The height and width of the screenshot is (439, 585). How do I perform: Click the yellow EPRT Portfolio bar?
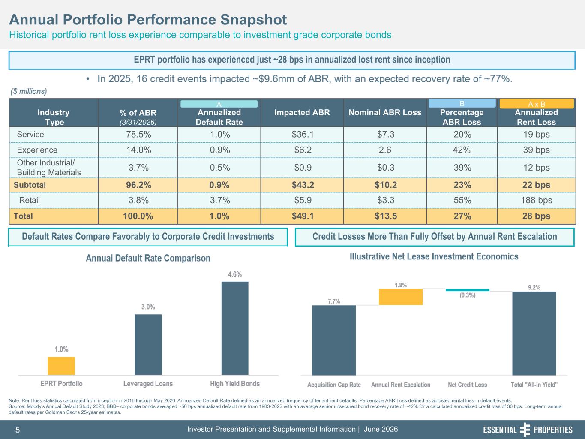click(61, 366)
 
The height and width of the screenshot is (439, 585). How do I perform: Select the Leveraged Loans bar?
click(148, 345)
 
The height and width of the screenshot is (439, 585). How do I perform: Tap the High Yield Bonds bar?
click(235, 328)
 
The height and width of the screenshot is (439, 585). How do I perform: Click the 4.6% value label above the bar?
click(235, 274)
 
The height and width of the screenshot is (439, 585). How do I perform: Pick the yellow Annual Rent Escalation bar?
click(401, 297)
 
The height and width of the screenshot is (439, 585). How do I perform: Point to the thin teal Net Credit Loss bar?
click(468, 290)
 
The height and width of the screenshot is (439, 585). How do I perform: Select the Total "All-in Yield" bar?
click(534, 333)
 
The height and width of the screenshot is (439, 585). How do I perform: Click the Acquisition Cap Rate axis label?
click(334, 385)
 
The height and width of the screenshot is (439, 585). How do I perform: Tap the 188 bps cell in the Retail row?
click(536, 200)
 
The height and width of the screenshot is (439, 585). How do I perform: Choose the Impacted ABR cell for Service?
click(303, 134)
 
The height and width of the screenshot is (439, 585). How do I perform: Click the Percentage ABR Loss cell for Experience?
click(462, 150)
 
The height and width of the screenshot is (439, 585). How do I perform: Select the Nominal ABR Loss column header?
click(385, 112)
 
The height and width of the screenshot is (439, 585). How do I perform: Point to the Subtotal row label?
click(30, 185)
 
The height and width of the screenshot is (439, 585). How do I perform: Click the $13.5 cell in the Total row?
click(386, 216)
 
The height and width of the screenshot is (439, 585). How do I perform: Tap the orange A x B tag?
click(537, 104)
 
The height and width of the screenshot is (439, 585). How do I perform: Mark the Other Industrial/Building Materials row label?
click(49, 168)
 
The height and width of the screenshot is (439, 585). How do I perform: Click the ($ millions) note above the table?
click(29, 91)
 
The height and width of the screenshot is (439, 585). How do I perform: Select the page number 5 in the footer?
click(18, 430)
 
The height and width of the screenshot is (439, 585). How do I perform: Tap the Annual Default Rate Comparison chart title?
click(148, 258)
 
